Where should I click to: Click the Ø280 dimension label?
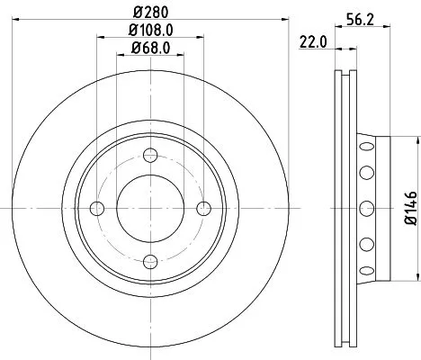[150, 13]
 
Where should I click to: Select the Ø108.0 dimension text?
[150, 31]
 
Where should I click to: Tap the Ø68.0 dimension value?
[150, 49]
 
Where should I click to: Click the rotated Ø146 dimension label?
[409, 208]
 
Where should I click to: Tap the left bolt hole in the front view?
[98, 209]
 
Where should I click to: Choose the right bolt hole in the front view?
[202, 209]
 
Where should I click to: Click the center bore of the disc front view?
[150, 209]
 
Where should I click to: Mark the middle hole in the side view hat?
[365, 209]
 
